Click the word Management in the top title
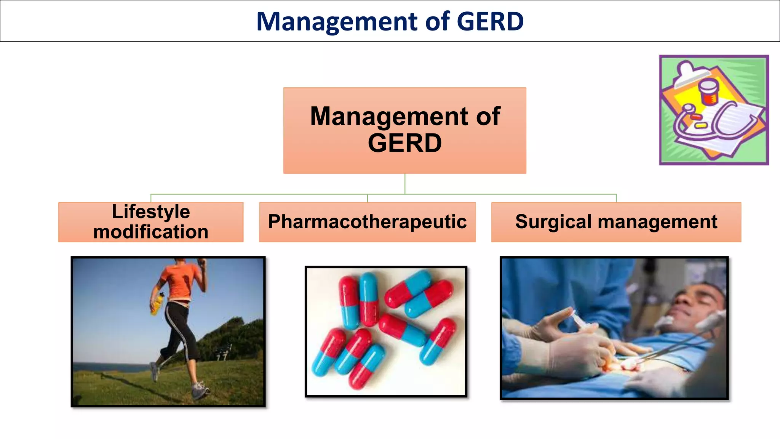click(337, 21)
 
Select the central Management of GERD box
click(404, 130)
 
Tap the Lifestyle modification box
click(151, 222)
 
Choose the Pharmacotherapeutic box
click(367, 222)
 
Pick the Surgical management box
click(616, 222)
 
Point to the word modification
click(151, 232)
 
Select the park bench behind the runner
click(225, 351)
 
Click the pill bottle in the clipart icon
click(708, 91)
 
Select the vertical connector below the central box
click(405, 184)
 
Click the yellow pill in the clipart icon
click(700, 125)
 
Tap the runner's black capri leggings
click(179, 328)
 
